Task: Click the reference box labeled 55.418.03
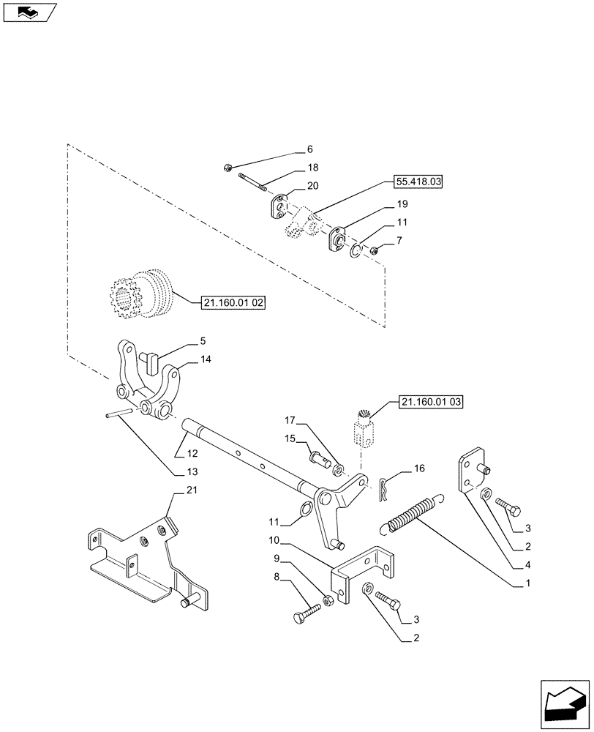pyautogui.click(x=424, y=181)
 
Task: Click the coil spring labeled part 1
pyautogui.click(x=412, y=514)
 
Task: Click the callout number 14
pyautogui.click(x=206, y=359)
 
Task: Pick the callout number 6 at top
pyautogui.click(x=298, y=150)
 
